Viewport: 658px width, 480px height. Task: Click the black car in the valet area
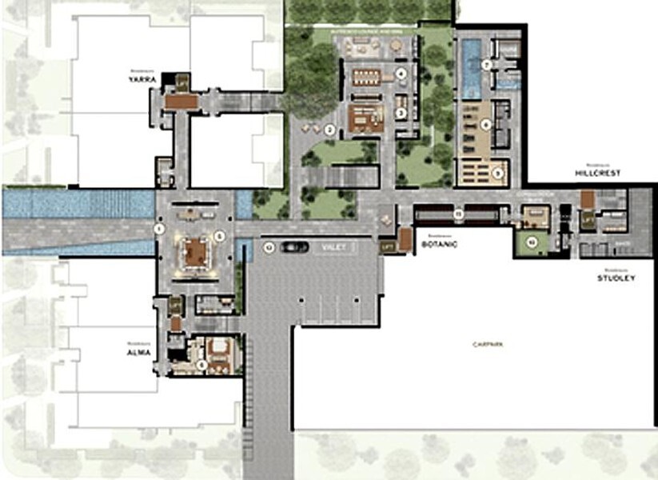coord(293,247)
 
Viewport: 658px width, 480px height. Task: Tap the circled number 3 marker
coord(401,113)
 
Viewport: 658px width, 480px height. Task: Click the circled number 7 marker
coord(486,63)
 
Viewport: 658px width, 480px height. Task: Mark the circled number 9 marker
coord(497,171)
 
